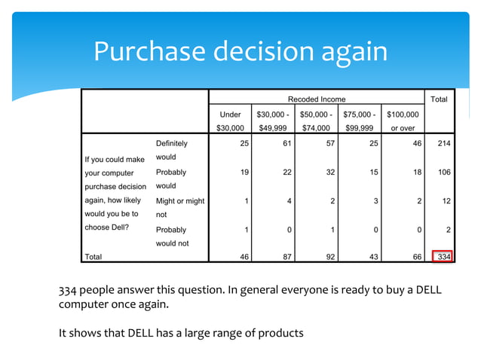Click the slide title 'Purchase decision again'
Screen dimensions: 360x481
click(x=240, y=51)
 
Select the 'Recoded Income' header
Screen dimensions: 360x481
click(x=317, y=99)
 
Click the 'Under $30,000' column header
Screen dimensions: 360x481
click(x=230, y=121)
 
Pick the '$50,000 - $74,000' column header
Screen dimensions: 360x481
click(x=317, y=121)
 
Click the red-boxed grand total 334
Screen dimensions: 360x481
click(x=442, y=257)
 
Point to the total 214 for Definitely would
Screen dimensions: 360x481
click(x=442, y=143)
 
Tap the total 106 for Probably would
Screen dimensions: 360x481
click(x=442, y=172)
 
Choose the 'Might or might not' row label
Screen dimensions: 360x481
click(x=179, y=207)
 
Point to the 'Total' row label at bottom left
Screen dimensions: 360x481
click(x=93, y=257)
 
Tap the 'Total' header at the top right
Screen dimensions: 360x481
click(x=438, y=99)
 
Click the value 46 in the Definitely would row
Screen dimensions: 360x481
click(x=415, y=143)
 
